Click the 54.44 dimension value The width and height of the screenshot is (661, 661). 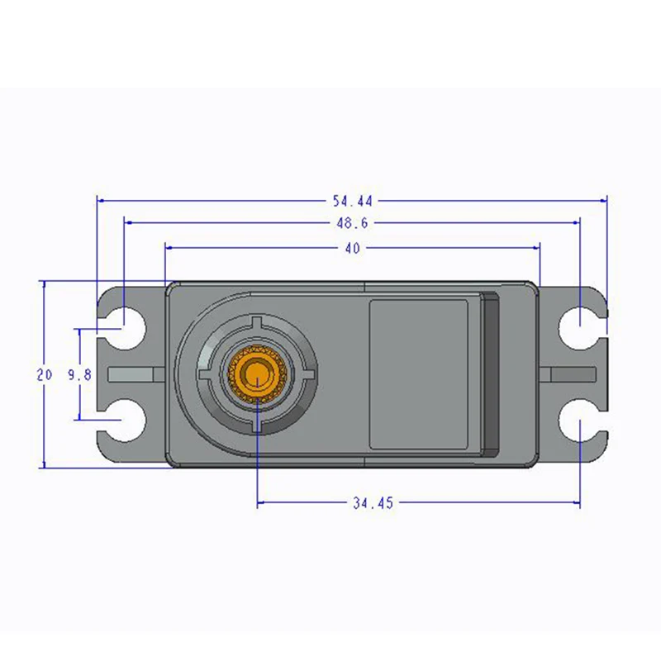click(353, 201)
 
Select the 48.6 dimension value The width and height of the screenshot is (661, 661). click(352, 223)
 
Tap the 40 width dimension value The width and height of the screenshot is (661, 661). click(353, 249)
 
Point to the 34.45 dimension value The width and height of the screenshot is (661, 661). click(373, 502)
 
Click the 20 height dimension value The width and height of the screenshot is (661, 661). click(44, 374)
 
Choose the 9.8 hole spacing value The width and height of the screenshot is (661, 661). click(79, 374)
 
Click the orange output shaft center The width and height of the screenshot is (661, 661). click(257, 374)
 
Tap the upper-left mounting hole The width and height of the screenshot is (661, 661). click(125, 328)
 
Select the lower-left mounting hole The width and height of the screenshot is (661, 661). click(125, 420)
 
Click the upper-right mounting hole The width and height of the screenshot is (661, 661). click(580, 328)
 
